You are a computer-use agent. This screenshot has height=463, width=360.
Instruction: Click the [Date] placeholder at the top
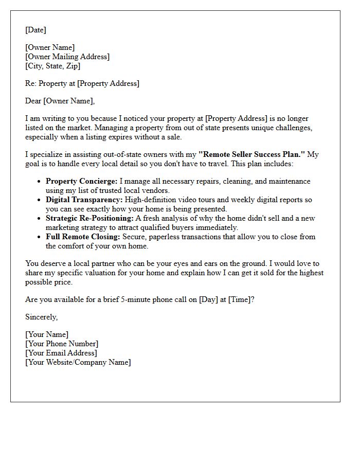point(35,30)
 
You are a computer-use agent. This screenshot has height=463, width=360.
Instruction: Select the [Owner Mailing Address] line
point(67,57)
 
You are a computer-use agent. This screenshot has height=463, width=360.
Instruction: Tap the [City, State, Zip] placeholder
point(53,66)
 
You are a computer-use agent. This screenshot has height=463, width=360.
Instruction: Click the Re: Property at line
point(82,83)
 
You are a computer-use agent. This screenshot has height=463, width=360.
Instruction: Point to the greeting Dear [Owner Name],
point(60,101)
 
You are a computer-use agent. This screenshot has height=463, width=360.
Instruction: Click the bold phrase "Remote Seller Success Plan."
point(252,154)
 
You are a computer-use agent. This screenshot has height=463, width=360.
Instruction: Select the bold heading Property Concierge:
point(82,181)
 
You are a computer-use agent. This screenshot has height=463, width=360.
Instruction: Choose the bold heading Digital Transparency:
point(83,200)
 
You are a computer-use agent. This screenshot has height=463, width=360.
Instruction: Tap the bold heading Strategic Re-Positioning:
point(89,218)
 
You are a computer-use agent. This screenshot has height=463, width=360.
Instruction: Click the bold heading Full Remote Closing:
point(82,237)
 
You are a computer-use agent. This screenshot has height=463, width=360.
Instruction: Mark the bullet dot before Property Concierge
point(40,182)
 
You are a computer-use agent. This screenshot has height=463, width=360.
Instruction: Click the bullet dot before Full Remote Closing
point(40,237)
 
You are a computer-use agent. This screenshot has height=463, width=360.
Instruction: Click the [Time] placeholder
point(240,299)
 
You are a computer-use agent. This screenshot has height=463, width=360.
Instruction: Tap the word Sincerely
point(41,317)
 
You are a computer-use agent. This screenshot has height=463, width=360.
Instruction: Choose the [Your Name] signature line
point(47,334)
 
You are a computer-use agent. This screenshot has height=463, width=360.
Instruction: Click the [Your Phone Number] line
point(62,344)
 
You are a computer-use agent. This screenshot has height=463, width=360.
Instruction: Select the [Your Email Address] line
point(61,353)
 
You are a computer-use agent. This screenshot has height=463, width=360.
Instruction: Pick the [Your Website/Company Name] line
point(78,362)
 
